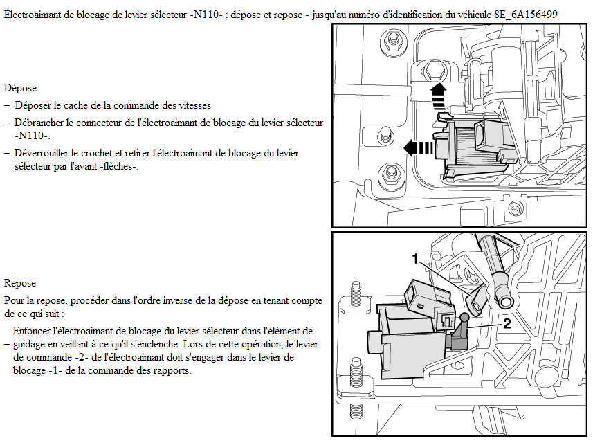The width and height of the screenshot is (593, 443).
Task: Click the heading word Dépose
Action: pos(20,88)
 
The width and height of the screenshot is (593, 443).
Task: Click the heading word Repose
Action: pos(20,283)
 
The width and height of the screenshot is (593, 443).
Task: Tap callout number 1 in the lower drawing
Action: pos(415,259)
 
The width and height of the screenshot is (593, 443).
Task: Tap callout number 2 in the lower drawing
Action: pos(507,323)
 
